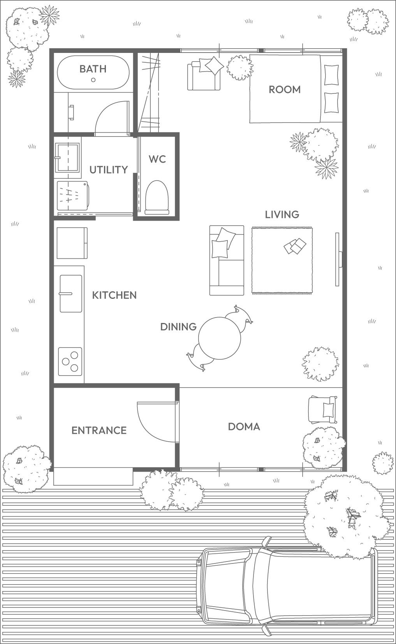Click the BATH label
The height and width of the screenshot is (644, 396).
click(93, 69)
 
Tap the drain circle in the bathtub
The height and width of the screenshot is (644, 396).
click(93, 80)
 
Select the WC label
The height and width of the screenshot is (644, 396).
click(157, 159)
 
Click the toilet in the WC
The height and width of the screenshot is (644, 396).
click(157, 197)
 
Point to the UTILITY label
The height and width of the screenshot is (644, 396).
click(109, 170)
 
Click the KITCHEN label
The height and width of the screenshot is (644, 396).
click(114, 295)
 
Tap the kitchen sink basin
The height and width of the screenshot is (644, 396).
click(71, 293)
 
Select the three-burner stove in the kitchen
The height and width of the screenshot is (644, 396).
click(70, 361)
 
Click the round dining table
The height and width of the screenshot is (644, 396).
click(219, 338)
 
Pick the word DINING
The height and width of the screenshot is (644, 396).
click(178, 327)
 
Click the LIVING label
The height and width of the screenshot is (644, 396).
click(282, 214)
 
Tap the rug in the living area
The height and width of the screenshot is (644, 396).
click(282, 260)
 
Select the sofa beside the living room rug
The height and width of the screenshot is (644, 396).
click(227, 260)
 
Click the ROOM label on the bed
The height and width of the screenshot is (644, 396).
click(285, 90)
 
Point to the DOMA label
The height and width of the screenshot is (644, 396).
click(244, 426)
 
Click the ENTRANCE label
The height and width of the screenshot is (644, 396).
click(99, 430)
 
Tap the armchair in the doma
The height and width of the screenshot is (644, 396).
click(323, 410)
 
